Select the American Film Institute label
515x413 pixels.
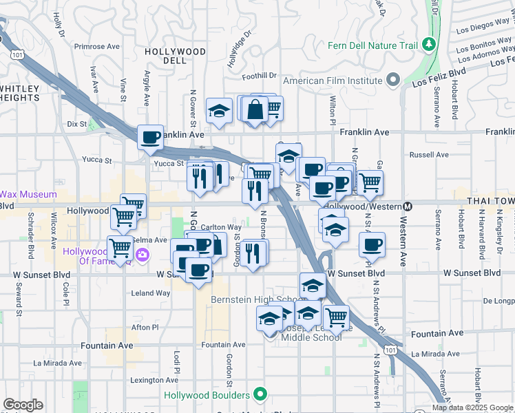(333, 81)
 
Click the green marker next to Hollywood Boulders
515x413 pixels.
(260, 395)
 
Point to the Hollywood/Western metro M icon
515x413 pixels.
(408, 206)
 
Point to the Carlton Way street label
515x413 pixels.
(221, 226)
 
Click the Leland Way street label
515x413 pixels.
(150, 293)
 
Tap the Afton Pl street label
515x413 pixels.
(145, 327)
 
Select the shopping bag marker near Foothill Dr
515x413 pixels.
(255, 109)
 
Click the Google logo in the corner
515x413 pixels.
(23, 405)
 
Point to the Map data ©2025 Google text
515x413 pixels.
(472, 407)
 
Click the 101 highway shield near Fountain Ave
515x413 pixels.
(391, 351)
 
